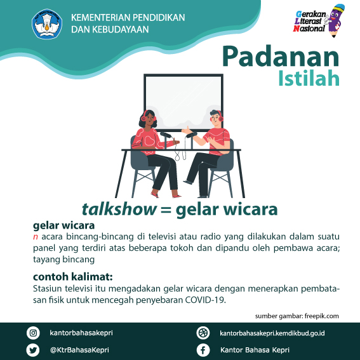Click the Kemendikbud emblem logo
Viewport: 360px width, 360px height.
pyautogui.click(x=47, y=24)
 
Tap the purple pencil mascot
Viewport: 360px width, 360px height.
pyautogui.click(x=336, y=20)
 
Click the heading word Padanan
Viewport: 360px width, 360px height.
pyautogui.click(x=281, y=57)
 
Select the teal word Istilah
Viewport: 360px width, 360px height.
pyautogui.click(x=309, y=78)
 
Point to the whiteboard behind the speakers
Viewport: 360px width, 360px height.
pyautogui.click(x=183, y=103)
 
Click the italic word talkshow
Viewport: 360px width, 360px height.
pyautogui.click(x=119, y=210)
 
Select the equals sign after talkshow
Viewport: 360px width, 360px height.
pyautogui.click(x=166, y=210)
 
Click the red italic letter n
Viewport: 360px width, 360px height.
pyautogui.click(x=36, y=237)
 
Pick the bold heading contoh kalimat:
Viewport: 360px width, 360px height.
pyautogui.click(x=73, y=277)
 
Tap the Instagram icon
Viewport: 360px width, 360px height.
pyautogui.click(x=33, y=333)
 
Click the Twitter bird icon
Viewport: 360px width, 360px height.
pyautogui.click(x=33, y=350)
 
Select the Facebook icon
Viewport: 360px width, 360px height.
pyautogui.click(x=203, y=350)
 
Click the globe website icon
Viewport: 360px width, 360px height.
pyautogui.click(x=203, y=333)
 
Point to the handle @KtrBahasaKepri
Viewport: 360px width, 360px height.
pyautogui.click(x=79, y=350)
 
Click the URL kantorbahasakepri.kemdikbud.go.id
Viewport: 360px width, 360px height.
pyautogui.click(x=272, y=333)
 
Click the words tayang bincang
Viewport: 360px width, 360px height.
pyautogui.click(x=64, y=260)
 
